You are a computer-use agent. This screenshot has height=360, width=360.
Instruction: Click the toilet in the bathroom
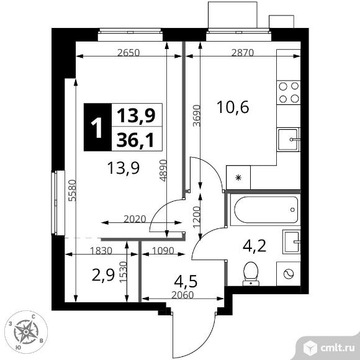[251, 274]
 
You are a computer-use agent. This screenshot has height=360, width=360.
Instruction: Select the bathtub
[266, 210]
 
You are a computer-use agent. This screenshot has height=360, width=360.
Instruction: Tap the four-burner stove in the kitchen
[289, 92]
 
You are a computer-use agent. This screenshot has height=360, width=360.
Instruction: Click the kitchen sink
[289, 140]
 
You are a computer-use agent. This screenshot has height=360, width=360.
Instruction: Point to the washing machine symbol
[289, 274]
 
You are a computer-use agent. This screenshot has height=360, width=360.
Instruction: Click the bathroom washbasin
[292, 242]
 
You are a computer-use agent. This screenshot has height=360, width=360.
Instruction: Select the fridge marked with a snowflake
[238, 178]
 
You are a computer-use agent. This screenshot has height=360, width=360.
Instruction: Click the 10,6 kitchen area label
[233, 107]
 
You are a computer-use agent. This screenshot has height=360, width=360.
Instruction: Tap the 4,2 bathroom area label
[254, 246]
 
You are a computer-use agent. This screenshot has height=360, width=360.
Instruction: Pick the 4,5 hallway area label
[186, 281]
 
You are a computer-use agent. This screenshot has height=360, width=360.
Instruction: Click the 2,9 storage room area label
[103, 276]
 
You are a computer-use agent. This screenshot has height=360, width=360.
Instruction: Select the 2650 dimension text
[128, 53]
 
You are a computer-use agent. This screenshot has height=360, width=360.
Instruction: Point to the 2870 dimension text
[243, 53]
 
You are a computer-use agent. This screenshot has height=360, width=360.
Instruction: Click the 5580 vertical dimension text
[73, 191]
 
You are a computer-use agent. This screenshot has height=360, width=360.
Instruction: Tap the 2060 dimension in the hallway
[182, 295]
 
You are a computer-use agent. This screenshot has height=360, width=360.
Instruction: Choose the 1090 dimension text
[163, 251]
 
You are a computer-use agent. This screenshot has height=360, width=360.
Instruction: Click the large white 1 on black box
[98, 127]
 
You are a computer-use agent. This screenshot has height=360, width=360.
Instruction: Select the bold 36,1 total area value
[135, 140]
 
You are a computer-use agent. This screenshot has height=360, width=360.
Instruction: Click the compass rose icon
[26, 331]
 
